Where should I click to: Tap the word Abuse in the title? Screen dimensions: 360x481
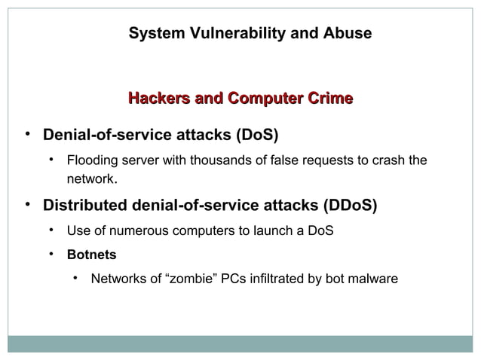(347, 34)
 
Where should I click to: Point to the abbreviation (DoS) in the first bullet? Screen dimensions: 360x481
(256, 137)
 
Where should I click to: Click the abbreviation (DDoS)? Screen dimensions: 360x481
(350, 206)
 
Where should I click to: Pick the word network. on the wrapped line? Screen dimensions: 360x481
(92, 179)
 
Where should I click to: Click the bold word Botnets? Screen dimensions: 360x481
(91, 255)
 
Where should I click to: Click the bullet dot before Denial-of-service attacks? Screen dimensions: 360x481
(27, 136)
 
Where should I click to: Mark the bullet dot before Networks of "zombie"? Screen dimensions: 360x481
(75, 279)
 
